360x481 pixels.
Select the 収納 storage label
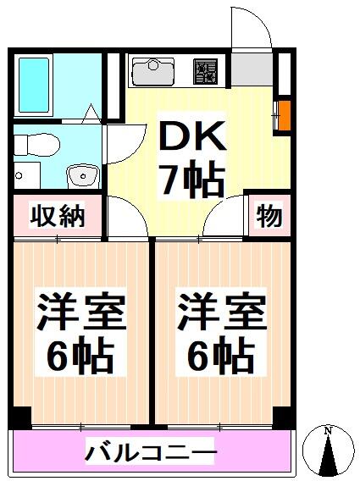pos(58,217)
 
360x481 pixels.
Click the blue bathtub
pos(36,86)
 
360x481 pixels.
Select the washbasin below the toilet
pos(82,176)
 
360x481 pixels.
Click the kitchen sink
pos(153,70)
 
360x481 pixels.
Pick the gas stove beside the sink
pos(205,71)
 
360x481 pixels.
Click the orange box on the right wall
pos(284,113)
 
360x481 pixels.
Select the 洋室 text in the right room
pos(221,314)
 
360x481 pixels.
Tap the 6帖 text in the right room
pos(221,357)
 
